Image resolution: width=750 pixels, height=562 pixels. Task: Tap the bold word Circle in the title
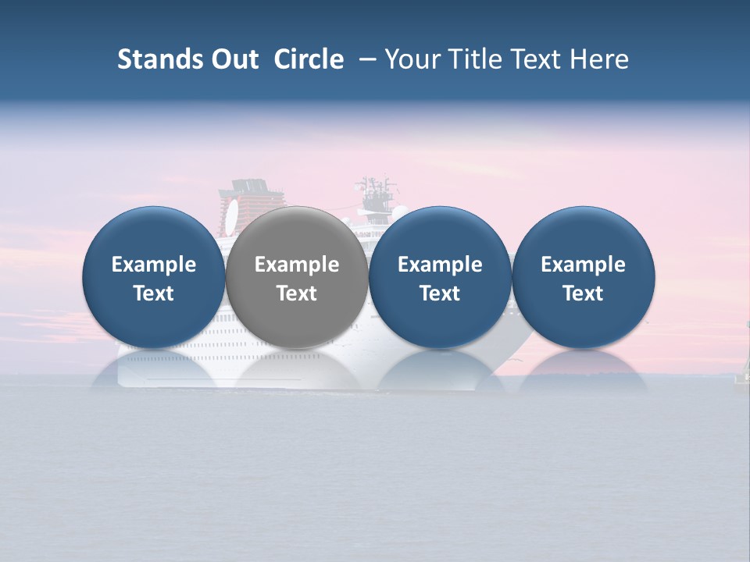pyautogui.click(x=309, y=59)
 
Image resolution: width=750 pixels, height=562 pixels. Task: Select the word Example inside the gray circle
pyautogui.click(x=297, y=265)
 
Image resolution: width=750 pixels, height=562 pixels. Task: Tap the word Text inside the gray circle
pyautogui.click(x=297, y=293)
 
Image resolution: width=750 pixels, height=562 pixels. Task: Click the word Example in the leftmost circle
pyautogui.click(x=154, y=265)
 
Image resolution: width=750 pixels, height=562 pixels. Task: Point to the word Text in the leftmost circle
pyautogui.click(x=154, y=293)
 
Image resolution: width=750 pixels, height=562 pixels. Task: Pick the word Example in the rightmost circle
pyautogui.click(x=583, y=265)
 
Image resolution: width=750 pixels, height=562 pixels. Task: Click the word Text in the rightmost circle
pyautogui.click(x=583, y=293)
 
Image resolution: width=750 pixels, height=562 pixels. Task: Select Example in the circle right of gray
pyautogui.click(x=440, y=265)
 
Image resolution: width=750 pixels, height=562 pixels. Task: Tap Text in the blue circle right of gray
pyautogui.click(x=440, y=293)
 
